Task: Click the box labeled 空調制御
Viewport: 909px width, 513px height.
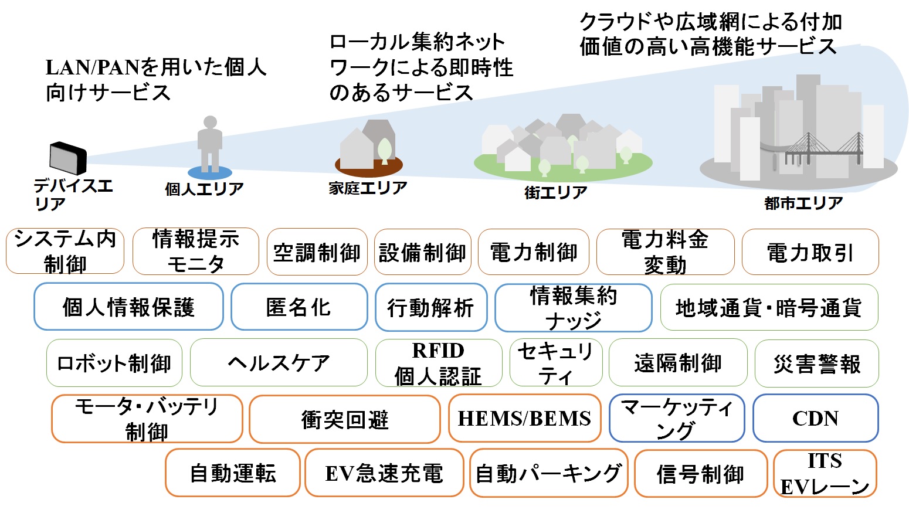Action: tap(317, 252)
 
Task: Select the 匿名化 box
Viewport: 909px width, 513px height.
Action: tap(299, 307)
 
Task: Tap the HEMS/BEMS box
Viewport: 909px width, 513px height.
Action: tap(524, 418)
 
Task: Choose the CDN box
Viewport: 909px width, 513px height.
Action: tap(815, 418)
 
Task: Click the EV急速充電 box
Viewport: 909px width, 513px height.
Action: tap(384, 473)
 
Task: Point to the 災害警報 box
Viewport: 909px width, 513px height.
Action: tap(816, 363)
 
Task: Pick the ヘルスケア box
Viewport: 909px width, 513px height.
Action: tap(279, 362)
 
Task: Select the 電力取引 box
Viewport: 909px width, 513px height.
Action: tap(810, 252)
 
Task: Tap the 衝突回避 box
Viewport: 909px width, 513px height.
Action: tap(344, 419)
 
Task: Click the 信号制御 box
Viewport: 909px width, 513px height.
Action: tap(700, 473)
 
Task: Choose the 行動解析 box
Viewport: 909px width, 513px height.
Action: tap(430, 307)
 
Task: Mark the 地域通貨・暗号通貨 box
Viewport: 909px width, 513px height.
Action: tap(769, 307)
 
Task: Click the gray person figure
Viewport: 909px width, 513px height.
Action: tap(210, 144)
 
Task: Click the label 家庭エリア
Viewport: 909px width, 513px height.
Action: tap(368, 188)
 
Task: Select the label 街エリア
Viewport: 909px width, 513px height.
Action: tap(555, 192)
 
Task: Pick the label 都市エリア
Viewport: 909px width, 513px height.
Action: tap(803, 203)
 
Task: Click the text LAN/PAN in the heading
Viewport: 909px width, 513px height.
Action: tap(93, 67)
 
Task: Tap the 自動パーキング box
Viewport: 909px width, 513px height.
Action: tap(549, 473)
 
